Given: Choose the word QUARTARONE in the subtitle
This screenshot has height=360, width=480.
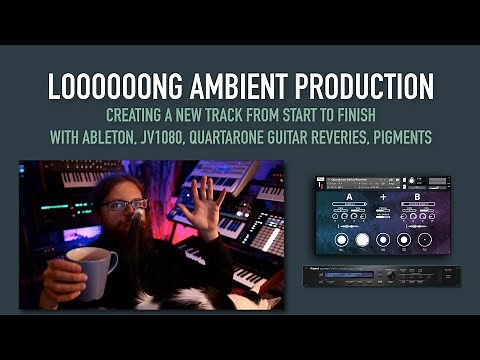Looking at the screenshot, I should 252,135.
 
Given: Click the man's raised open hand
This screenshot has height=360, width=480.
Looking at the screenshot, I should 205,199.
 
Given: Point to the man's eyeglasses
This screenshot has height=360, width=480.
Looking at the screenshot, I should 126,206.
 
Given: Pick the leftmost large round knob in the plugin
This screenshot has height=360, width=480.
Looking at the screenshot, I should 342,240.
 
